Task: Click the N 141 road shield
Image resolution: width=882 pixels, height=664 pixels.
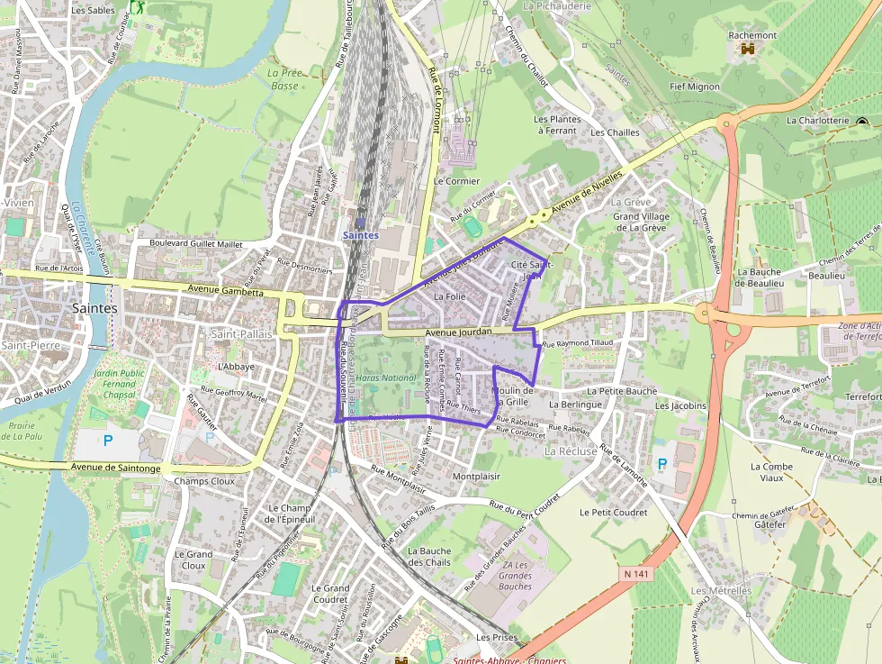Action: tap(635, 573)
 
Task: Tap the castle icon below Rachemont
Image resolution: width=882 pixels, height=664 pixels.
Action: tap(746, 50)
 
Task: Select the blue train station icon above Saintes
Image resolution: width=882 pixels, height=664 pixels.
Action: tap(360, 222)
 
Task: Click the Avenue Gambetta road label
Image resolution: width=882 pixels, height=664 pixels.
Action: tap(226, 291)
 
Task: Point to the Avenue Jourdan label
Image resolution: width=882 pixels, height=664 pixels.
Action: tap(459, 332)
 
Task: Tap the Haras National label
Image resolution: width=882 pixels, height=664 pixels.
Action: tap(387, 378)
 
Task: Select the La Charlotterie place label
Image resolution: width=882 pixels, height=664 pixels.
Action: tap(817, 120)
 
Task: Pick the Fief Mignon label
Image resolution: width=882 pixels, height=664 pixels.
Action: tap(695, 86)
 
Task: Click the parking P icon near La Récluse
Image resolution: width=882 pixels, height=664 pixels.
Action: tap(662, 464)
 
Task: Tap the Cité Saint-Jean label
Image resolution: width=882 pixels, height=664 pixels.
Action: tap(531, 270)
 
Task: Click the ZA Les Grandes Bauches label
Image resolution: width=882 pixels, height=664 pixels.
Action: tap(515, 576)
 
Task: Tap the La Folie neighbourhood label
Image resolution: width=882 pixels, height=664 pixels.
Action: tap(449, 296)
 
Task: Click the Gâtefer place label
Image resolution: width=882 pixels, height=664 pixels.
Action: tap(769, 524)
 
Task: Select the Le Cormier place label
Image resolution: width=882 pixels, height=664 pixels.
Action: tap(456, 180)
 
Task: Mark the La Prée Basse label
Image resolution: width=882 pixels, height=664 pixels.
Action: tap(284, 79)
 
